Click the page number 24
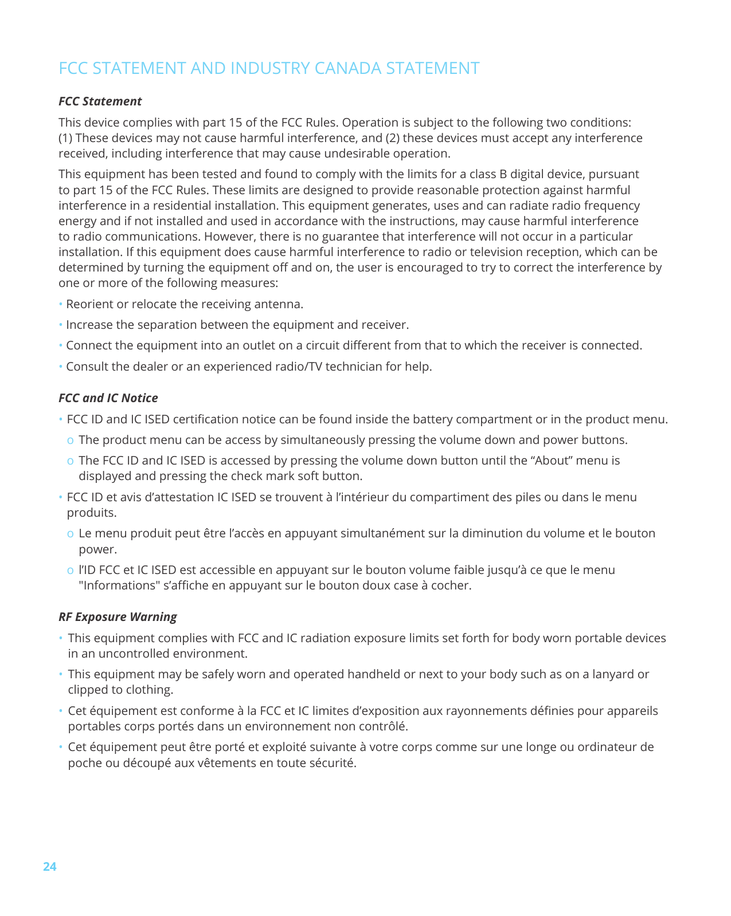tap(50, 866)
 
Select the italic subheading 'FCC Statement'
tap(100, 101)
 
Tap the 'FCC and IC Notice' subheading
tap(108, 398)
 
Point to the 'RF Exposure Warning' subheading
tap(118, 617)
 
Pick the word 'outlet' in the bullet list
tap(261, 345)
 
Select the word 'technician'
tap(353, 367)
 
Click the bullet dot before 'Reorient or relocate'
tap(61, 304)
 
